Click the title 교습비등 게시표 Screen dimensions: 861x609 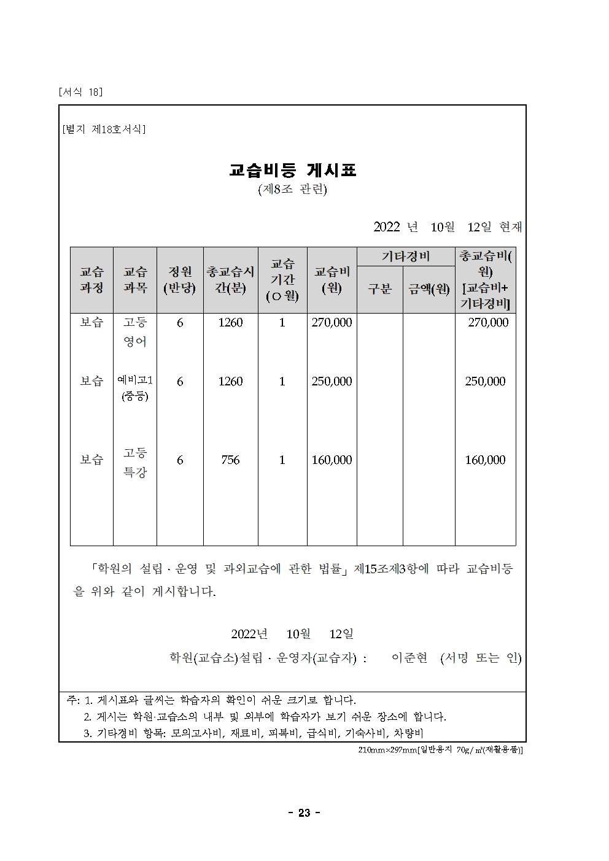tap(293, 170)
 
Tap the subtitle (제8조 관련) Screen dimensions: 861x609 tap(293, 190)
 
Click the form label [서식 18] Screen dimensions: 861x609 tap(80, 92)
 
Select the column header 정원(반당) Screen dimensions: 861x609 tap(179, 279)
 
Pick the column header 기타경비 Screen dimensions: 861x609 tap(406, 257)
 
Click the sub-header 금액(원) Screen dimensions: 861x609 tap(429, 288)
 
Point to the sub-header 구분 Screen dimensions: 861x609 tap(379, 288)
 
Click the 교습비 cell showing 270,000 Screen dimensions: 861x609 tap(332, 323)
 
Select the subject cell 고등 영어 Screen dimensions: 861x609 tap(135, 332)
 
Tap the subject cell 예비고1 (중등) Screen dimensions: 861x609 tap(135, 388)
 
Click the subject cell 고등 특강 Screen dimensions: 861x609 tap(135, 462)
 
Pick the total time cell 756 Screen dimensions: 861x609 tap(230, 460)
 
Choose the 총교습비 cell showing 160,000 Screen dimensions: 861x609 tap(485, 460)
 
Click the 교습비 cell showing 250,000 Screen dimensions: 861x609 tap(332, 382)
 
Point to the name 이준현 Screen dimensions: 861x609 tap(409, 658)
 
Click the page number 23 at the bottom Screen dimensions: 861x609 tap(304, 813)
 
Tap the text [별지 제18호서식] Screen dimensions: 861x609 tap(104, 129)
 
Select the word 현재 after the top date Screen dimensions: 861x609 tap(511, 227)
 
